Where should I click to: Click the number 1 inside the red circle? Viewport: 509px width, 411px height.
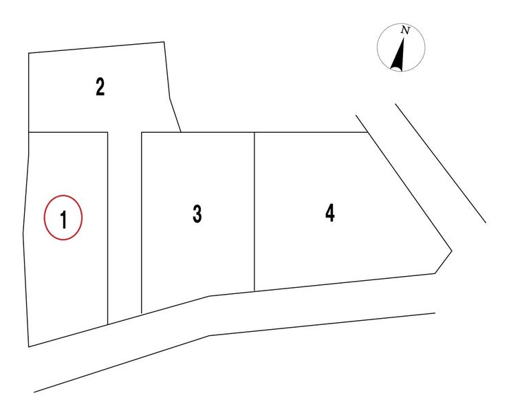(x=63, y=220)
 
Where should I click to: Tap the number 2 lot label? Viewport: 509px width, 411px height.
(x=100, y=87)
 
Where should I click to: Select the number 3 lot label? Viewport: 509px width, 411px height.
(x=197, y=214)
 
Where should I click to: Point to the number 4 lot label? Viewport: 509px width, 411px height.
(x=329, y=213)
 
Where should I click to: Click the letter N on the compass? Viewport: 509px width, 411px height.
(x=405, y=30)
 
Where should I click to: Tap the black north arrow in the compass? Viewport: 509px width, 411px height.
(x=399, y=54)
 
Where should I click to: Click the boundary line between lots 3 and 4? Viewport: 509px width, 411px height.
(x=254, y=211)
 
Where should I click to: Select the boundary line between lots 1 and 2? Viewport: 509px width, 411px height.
(x=68, y=132)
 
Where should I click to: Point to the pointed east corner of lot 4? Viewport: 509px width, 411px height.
(x=451, y=251)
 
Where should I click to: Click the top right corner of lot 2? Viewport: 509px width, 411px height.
(x=164, y=42)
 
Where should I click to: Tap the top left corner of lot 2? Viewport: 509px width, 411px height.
(x=29, y=53)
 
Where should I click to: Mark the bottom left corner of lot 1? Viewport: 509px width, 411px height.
(x=29, y=347)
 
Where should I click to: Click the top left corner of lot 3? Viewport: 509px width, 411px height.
(x=142, y=132)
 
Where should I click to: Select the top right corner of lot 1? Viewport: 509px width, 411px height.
(x=107, y=132)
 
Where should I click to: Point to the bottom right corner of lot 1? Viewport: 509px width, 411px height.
(x=107, y=324)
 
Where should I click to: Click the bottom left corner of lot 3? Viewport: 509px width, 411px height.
(x=142, y=314)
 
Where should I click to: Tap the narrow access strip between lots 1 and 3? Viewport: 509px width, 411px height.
(x=124, y=224)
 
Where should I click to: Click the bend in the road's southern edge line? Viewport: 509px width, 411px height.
(x=209, y=336)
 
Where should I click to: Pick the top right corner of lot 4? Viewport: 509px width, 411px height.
(x=367, y=132)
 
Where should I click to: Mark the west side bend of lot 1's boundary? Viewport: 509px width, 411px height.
(x=23, y=234)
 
